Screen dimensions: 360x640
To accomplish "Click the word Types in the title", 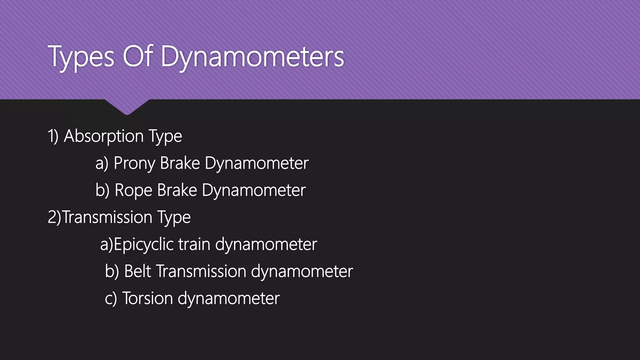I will pyautogui.click(x=81, y=57).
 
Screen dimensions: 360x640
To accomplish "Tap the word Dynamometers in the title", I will pyautogui.click(x=252, y=57).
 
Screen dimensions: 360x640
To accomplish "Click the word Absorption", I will pyautogui.click(x=104, y=136).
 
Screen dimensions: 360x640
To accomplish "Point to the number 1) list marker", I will pyautogui.click(x=53, y=136).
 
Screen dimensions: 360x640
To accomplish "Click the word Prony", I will pyautogui.click(x=135, y=163).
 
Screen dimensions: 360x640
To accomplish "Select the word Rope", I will pyautogui.click(x=133, y=191).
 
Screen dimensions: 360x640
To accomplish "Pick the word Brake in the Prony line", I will pyautogui.click(x=180, y=163).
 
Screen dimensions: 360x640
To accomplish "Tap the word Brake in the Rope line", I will pyautogui.click(x=177, y=190).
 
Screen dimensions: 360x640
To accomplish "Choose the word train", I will pyautogui.click(x=194, y=244).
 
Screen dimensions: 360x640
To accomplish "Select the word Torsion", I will pyautogui.click(x=147, y=298).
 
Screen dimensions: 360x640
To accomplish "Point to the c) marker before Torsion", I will pyautogui.click(x=111, y=299).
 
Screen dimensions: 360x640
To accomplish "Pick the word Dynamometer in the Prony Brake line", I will pyautogui.click(x=257, y=163).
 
